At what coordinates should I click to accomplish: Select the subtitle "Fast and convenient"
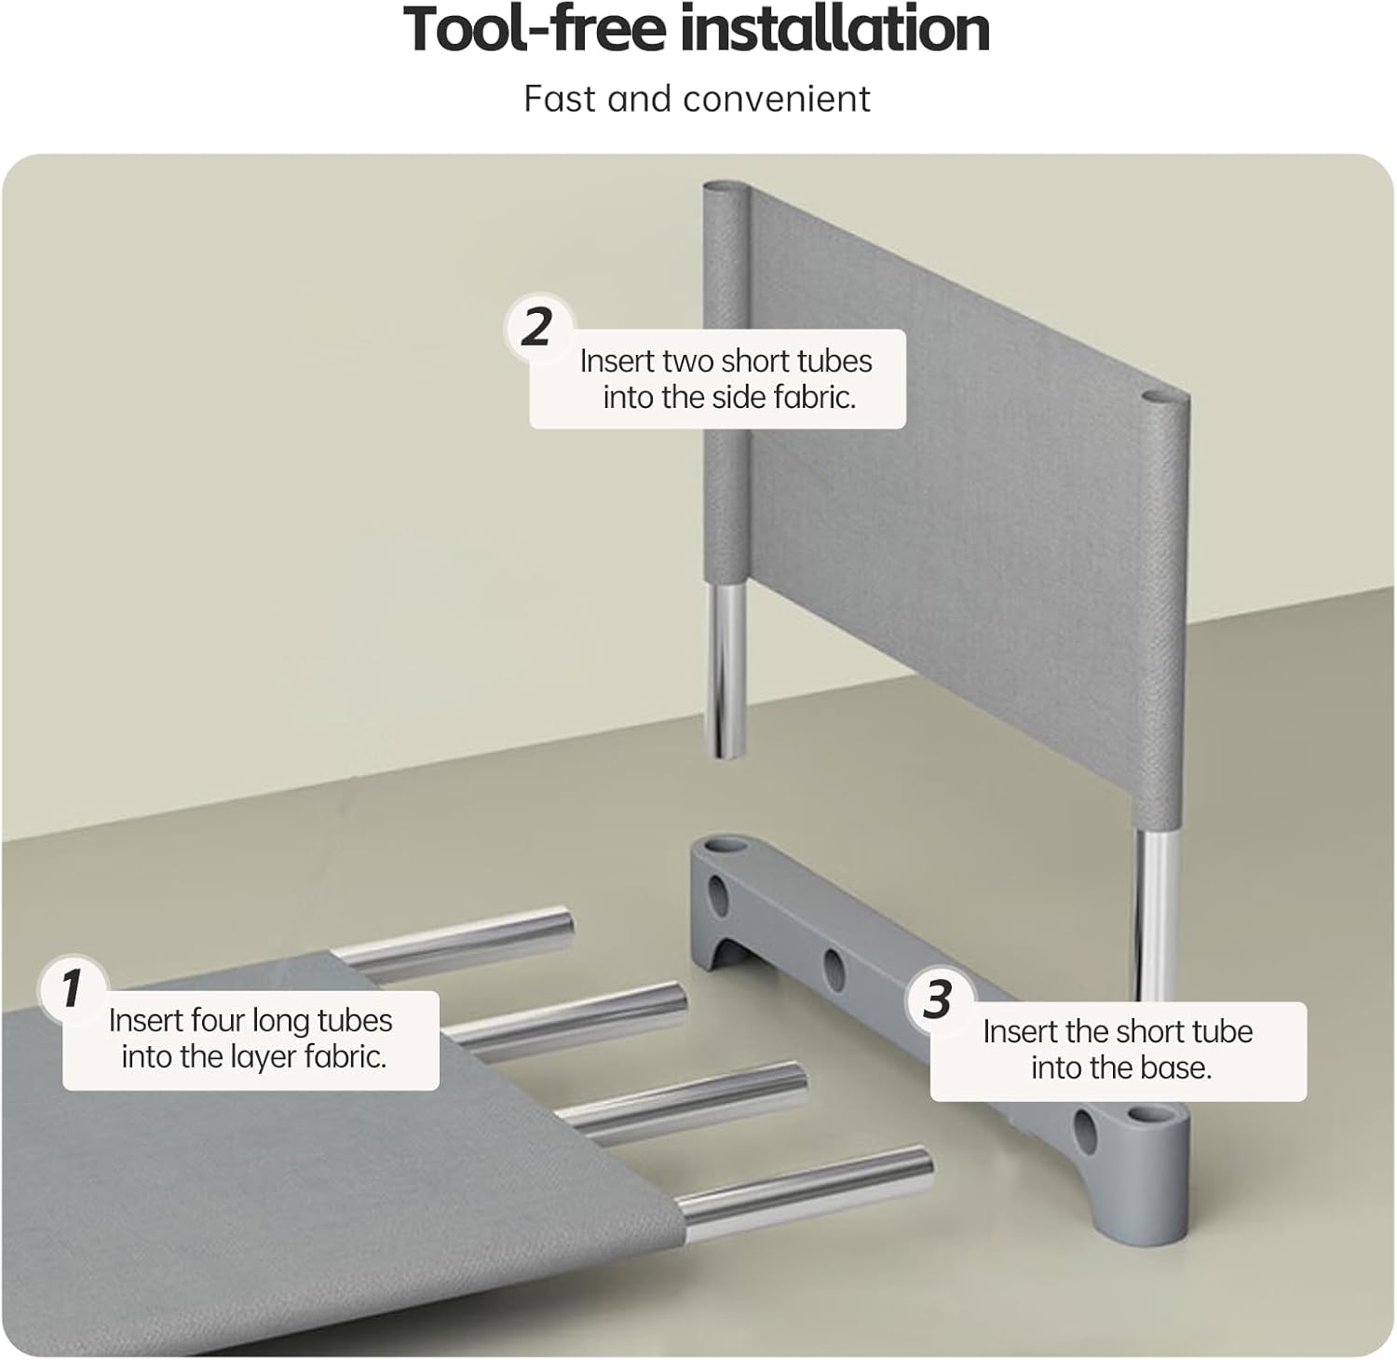click(697, 99)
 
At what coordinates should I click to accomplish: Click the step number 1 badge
click(72, 988)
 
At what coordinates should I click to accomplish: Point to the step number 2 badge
click(537, 327)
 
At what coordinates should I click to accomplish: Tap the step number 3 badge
click(938, 1000)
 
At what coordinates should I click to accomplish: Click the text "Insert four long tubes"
click(251, 1021)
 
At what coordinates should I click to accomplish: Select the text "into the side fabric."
click(729, 398)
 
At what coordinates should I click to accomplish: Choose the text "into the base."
click(1121, 1068)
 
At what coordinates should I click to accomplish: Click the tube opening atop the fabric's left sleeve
click(725, 189)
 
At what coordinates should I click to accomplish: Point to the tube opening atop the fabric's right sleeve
click(1164, 399)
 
